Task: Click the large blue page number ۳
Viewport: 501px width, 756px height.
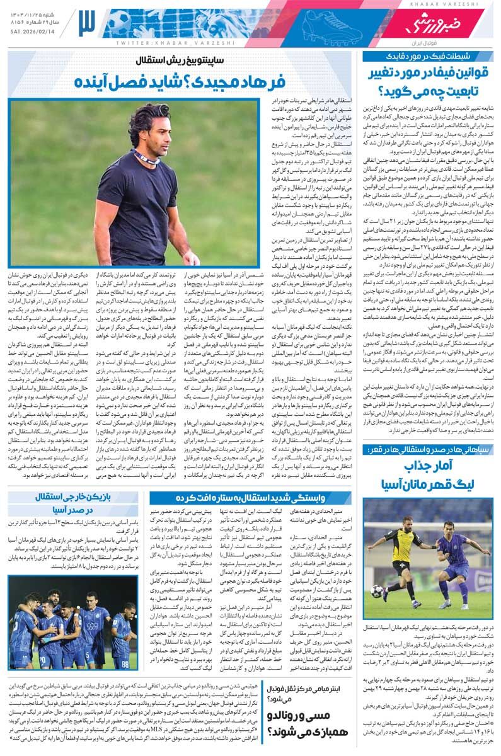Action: point(86,24)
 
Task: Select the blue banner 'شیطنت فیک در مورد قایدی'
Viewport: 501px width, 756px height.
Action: point(428,57)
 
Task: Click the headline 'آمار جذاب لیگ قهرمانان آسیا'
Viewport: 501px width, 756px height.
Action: point(429,476)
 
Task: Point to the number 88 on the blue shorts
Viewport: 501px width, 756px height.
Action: point(126,663)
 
